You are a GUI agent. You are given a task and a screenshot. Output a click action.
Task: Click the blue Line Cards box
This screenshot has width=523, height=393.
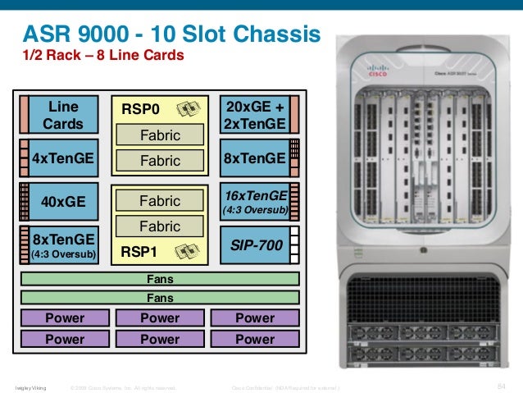coord(63,115)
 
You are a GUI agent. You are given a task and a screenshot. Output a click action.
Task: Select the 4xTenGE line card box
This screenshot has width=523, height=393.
coord(63,158)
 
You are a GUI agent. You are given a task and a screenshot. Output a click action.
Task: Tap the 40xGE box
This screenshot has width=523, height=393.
coord(63,200)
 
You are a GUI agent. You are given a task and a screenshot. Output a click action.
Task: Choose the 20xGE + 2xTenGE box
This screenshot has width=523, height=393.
coord(255,116)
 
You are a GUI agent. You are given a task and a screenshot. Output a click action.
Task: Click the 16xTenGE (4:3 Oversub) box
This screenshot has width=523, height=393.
coord(255,202)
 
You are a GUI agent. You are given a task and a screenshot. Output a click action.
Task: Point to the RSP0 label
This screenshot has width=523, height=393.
coord(142,108)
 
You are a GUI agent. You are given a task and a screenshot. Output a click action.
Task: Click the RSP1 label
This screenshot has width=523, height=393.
coord(139,253)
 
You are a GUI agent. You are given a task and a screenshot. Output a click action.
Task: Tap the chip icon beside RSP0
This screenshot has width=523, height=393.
coord(188,108)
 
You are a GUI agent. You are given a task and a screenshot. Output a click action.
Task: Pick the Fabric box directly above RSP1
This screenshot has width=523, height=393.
coord(159,226)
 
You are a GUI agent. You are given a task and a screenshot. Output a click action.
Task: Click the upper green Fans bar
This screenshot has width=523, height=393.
coord(159,279)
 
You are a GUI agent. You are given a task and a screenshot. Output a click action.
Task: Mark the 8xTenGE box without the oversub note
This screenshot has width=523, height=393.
coord(255,158)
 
